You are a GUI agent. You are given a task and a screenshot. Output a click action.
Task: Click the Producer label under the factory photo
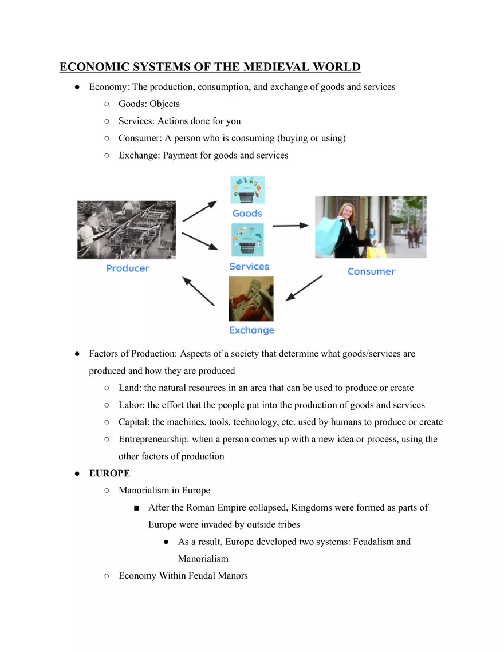pyautogui.click(x=128, y=268)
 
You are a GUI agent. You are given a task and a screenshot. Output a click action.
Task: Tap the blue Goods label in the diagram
pyautogui.click(x=247, y=214)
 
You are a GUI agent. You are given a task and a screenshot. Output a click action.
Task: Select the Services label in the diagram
pyautogui.click(x=249, y=267)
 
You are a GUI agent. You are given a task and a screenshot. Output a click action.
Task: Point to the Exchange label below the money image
pyautogui.click(x=251, y=330)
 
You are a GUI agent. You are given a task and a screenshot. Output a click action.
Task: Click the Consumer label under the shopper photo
pyautogui.click(x=371, y=271)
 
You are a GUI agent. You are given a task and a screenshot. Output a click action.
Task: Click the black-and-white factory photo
pyautogui.click(x=127, y=230)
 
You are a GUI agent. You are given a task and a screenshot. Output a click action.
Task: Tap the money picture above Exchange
pyautogui.click(x=251, y=299)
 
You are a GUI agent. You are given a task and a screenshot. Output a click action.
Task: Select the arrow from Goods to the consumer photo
pyautogui.click(x=290, y=226)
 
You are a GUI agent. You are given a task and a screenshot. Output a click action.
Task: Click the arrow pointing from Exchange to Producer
pyautogui.click(x=198, y=291)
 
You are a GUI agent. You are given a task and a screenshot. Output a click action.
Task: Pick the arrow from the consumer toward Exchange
pyautogui.click(x=304, y=288)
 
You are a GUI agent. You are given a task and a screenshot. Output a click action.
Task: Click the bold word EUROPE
pyautogui.click(x=109, y=473)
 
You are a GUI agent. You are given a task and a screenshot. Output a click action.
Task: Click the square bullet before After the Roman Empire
pyautogui.click(x=136, y=508)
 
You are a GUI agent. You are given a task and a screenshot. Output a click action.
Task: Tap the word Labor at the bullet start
pyautogui.click(x=131, y=405)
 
